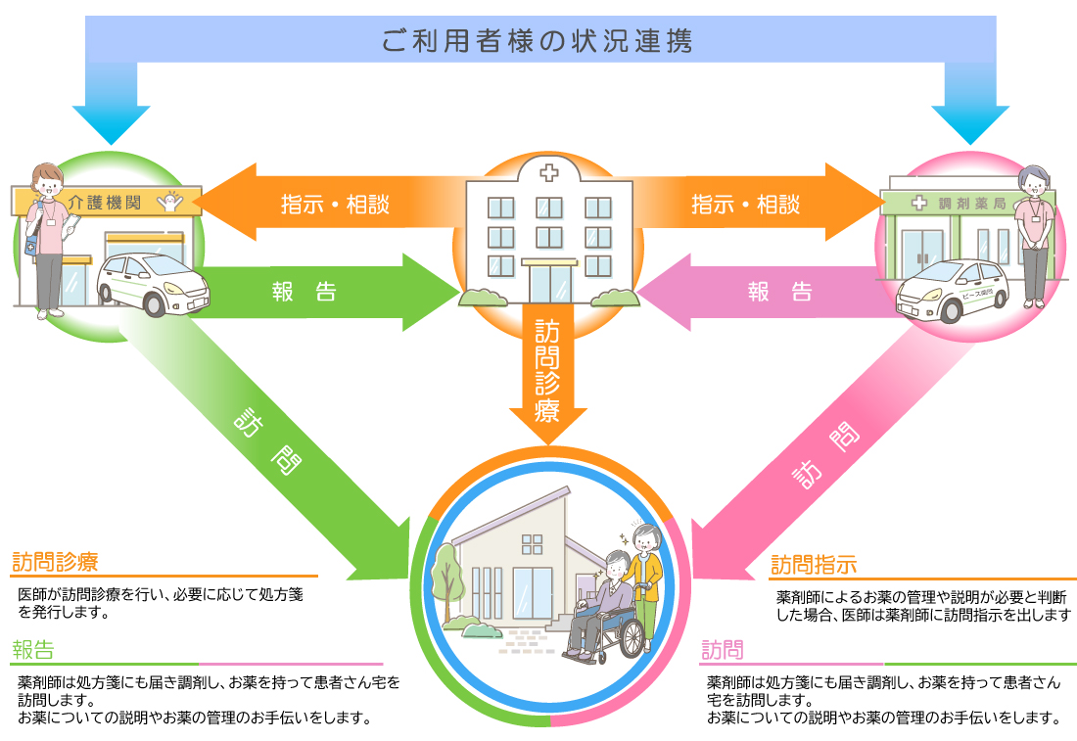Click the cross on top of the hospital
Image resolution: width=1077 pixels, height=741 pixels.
click(x=547, y=173)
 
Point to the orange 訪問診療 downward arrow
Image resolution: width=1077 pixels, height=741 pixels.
click(x=547, y=372)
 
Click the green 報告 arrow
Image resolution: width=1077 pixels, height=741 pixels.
click(x=313, y=292)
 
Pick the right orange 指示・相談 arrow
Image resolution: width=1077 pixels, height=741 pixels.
click(x=754, y=204)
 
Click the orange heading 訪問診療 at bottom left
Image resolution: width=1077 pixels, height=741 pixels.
click(x=55, y=562)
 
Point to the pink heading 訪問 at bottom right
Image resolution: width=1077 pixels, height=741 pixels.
click(x=723, y=650)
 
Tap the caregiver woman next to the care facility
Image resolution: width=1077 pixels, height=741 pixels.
click(x=45, y=235)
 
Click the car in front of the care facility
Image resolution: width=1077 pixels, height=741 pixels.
click(x=146, y=283)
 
